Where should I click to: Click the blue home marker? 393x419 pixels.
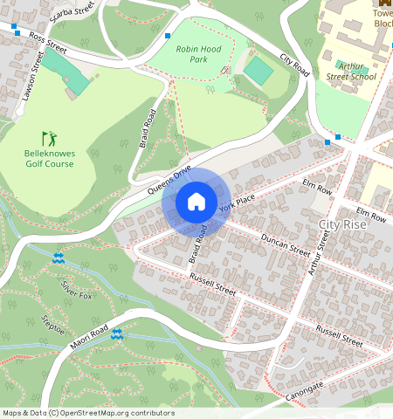(x=196, y=202)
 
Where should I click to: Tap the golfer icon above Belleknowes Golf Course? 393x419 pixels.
(x=50, y=139)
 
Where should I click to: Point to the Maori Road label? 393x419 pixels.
(x=90, y=339)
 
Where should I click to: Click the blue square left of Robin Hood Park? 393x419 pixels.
(x=167, y=36)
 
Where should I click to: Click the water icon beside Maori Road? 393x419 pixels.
(x=116, y=333)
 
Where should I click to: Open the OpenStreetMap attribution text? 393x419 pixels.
(x=88, y=413)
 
